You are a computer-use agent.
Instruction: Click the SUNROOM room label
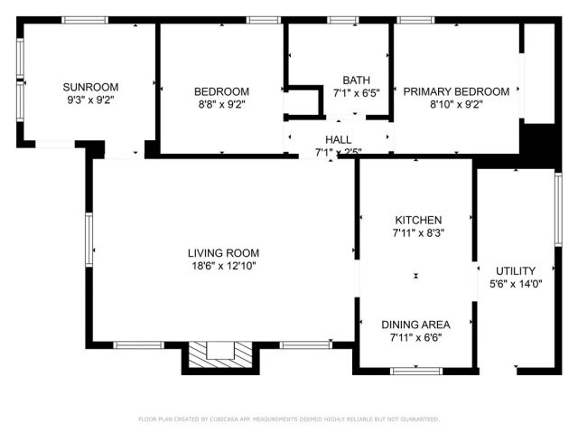pos(88,87)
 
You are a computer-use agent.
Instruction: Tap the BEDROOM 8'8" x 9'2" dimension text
pos(221,104)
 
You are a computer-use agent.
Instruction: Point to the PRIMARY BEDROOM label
pos(455,90)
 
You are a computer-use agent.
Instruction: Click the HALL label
pos(339,139)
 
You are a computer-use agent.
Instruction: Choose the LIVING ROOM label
pos(223,252)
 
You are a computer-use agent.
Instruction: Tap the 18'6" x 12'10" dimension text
pos(223,266)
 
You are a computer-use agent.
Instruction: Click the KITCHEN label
pos(417,220)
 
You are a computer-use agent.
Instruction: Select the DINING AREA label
pos(415,325)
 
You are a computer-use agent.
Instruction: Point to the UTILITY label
pos(515,270)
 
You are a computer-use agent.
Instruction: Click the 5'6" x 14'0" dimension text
pos(515,284)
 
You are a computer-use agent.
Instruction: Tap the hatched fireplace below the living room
pos(219,354)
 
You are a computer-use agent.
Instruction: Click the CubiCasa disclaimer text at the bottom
pos(288,420)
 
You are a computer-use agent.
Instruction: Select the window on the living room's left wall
pos(89,241)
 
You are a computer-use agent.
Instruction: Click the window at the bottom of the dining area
pos(416,369)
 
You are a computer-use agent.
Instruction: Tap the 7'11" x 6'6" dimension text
pos(415,338)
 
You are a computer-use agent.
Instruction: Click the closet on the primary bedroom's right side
pos(539,72)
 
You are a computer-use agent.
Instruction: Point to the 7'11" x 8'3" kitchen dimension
pos(417,233)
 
